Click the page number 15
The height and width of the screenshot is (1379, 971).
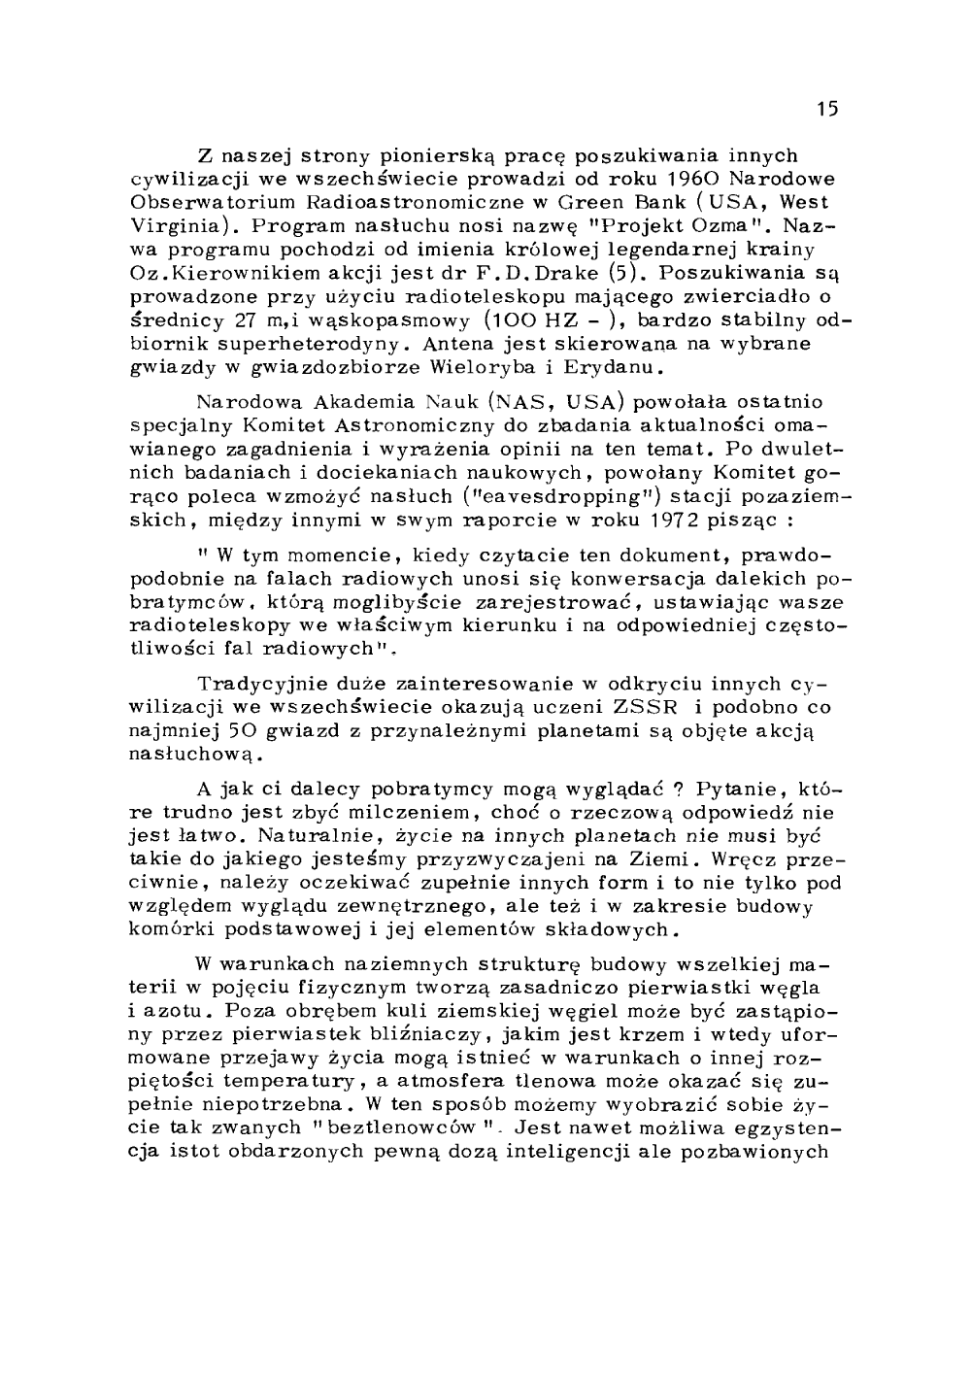point(826,109)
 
